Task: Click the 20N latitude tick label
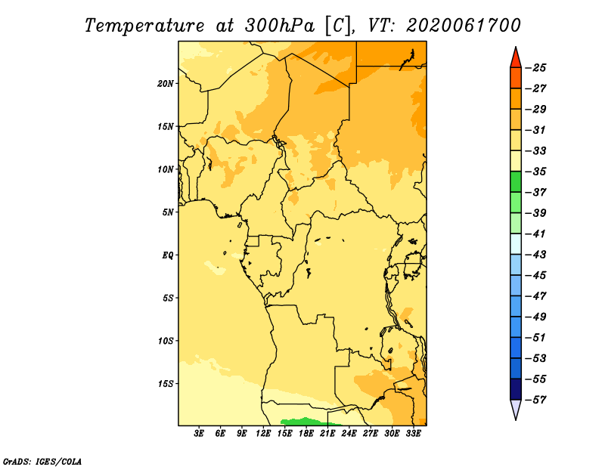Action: tap(165, 84)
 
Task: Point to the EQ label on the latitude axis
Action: tap(167, 255)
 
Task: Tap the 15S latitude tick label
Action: tap(166, 384)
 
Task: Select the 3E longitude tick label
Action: tap(199, 434)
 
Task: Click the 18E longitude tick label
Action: tap(306, 434)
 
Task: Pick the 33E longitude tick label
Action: tap(413, 434)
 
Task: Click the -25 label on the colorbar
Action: tap(535, 68)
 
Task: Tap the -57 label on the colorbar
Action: tap(535, 400)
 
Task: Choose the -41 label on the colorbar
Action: tap(535, 234)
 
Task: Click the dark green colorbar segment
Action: tap(516, 182)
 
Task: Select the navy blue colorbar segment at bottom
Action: tap(516, 389)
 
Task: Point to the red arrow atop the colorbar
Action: tap(516, 57)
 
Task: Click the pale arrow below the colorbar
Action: tap(516, 410)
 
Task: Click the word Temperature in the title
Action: tap(144, 26)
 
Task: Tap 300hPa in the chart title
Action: tap(279, 26)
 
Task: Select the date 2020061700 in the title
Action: tap(464, 26)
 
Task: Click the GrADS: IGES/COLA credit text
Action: tap(42, 462)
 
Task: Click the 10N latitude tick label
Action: tap(165, 170)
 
